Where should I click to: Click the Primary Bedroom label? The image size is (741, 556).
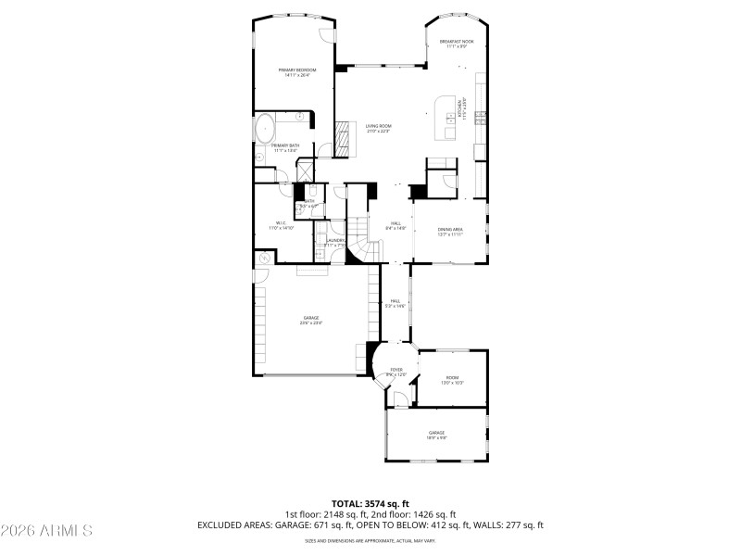click(x=297, y=72)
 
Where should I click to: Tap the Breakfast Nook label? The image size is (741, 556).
click(x=457, y=44)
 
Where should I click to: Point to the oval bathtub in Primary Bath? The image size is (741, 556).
click(x=265, y=126)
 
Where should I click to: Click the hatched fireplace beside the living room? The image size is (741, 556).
click(x=344, y=136)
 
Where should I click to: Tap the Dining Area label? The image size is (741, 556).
click(x=450, y=231)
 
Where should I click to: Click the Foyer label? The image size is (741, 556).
click(x=396, y=371)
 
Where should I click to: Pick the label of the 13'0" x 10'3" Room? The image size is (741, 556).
click(x=452, y=379)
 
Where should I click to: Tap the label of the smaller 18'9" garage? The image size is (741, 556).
click(x=436, y=435)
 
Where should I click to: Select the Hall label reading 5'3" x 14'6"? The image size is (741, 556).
click(x=396, y=303)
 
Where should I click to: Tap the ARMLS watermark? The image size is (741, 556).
click(x=46, y=531)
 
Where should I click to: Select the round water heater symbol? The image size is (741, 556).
click(x=264, y=259)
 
